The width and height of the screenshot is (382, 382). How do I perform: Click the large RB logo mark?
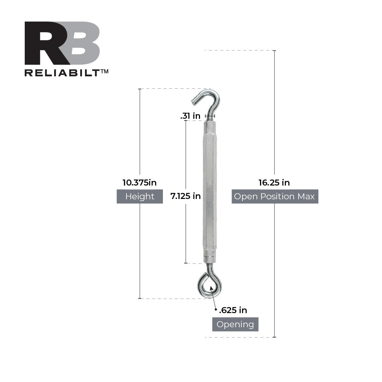[62, 43]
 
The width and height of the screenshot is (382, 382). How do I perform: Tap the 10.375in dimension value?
[140, 183]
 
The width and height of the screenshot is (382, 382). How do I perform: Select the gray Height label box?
[140, 196]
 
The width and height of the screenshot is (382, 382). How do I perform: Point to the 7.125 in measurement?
[186, 196]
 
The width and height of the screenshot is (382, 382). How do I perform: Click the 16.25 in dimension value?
[274, 183]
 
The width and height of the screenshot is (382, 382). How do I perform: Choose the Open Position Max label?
[275, 196]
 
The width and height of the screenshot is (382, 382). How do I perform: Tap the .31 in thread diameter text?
[190, 116]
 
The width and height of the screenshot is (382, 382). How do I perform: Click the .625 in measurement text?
[233, 310]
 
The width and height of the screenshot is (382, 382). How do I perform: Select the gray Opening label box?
[235, 324]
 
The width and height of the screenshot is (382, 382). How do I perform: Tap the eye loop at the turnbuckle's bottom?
[210, 285]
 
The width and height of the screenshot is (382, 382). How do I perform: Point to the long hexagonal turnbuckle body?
[210, 191]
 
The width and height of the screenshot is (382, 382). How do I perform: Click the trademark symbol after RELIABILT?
[104, 71]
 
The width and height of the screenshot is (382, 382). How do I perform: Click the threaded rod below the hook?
[210, 118]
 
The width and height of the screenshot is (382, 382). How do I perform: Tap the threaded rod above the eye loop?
[210, 267]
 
